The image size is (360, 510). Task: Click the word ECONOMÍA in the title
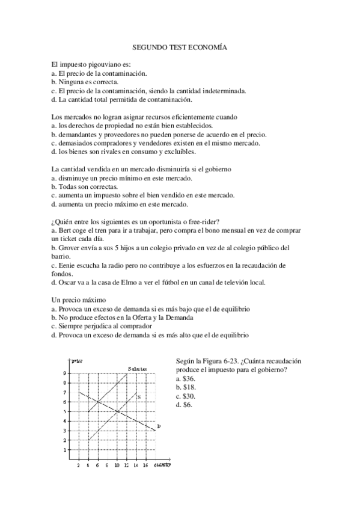pyautogui.click(x=209, y=46)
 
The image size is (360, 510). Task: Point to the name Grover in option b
pyautogui.click(x=69, y=248)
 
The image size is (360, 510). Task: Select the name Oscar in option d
pyautogui.click(x=68, y=282)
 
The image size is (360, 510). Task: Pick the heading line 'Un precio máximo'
pyautogui.click(x=79, y=300)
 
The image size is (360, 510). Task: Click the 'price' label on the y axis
pyautogui.click(x=76, y=360)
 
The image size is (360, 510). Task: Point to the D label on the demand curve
pyautogui.click(x=158, y=426)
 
